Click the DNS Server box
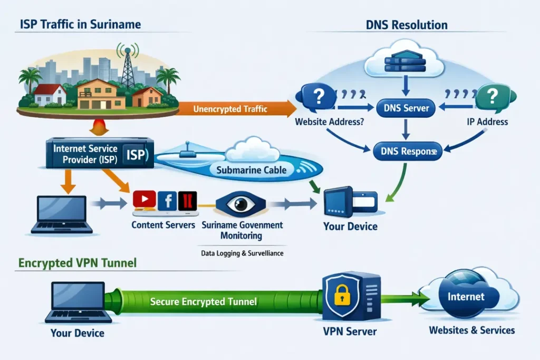click(406, 109)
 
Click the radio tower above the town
click(128, 66)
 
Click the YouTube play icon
click(144, 199)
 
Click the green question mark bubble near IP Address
click(493, 96)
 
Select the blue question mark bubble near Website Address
click(317, 97)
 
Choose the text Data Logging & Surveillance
click(242, 253)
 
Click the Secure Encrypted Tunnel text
click(204, 301)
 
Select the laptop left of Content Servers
click(62, 214)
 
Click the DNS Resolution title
click(406, 25)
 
